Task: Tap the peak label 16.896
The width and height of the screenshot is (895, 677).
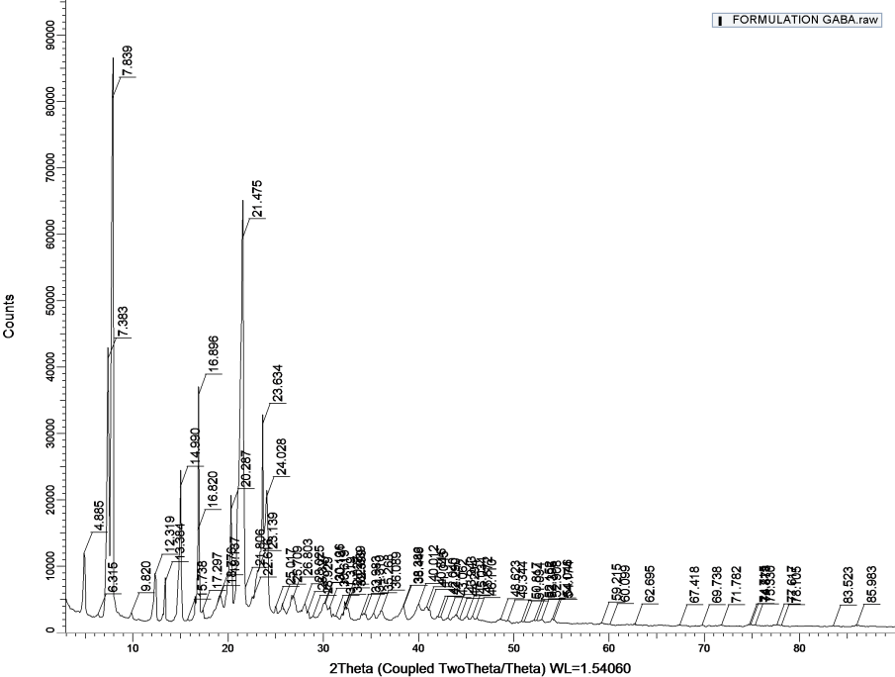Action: point(213,356)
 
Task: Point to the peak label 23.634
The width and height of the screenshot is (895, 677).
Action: point(278,386)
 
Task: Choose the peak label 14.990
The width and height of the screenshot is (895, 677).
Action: point(195,447)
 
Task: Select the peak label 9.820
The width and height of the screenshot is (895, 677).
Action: point(146,576)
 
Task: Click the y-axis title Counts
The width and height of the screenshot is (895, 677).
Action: point(9,316)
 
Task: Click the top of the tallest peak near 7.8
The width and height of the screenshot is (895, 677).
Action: point(113,58)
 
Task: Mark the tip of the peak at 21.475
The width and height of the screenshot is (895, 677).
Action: point(242,200)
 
